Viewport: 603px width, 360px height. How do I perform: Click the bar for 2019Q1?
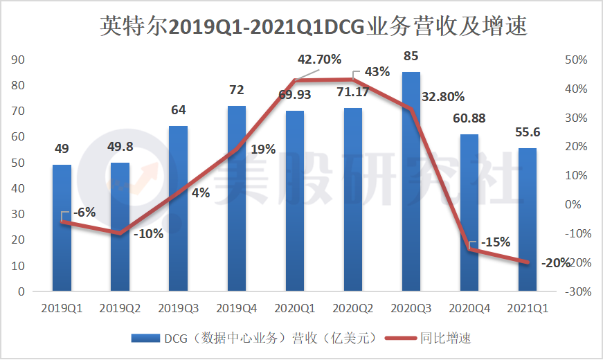coord(62,228)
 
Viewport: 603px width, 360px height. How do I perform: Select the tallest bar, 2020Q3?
coord(411,181)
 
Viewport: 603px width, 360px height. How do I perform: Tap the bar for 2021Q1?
coord(528,219)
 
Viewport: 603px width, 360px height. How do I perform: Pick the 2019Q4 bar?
coord(237,198)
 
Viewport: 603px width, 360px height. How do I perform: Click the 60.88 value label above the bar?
coord(469,118)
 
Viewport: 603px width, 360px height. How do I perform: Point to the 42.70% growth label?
coord(319,60)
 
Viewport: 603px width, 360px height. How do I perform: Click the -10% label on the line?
coord(148,233)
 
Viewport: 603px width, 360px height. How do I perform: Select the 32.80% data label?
coord(443,96)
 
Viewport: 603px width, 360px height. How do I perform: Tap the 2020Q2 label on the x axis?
coord(352,309)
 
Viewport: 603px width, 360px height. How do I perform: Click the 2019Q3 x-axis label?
coord(179,309)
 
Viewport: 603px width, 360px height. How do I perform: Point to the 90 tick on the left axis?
coord(18,60)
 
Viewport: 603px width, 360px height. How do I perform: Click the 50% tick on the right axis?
coord(576,60)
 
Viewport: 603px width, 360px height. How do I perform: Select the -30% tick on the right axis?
coord(578,291)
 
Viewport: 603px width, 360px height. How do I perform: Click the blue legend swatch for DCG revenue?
coord(145,338)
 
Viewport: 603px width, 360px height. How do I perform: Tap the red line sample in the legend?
coord(401,339)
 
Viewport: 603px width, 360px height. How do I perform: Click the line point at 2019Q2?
coord(120,233)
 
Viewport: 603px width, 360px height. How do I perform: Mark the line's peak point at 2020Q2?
coord(353,79)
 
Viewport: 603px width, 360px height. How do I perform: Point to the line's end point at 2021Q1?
coord(528,262)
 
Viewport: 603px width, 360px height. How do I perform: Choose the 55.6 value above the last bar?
coord(528,132)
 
